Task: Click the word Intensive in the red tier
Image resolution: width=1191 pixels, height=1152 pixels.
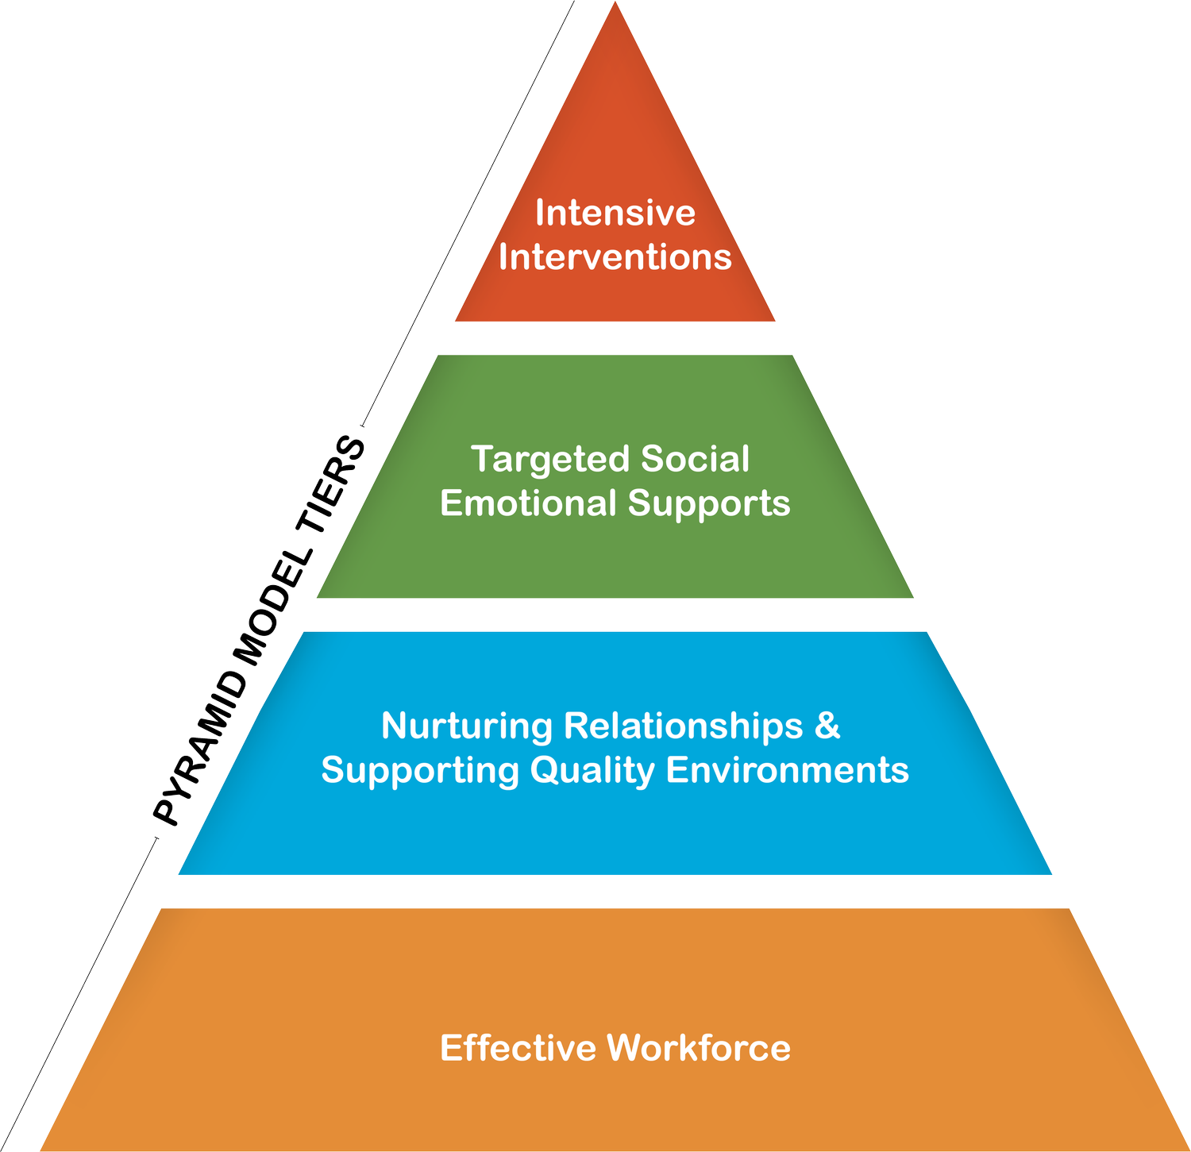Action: click(x=615, y=213)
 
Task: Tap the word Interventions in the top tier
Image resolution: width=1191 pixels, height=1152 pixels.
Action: click(x=615, y=257)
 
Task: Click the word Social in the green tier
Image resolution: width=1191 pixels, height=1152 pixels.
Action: click(x=695, y=459)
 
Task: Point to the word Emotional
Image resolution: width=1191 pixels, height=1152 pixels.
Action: click(x=528, y=503)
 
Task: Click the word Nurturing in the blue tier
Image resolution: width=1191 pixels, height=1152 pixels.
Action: click(x=467, y=726)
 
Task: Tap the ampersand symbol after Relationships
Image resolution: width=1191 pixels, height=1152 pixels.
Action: click(x=827, y=726)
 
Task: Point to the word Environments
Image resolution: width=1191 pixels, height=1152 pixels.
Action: click(x=787, y=770)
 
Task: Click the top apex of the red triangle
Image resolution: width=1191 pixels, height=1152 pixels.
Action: click(x=615, y=4)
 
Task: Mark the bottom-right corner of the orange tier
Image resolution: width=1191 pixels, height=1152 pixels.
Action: click(x=1186, y=1148)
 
